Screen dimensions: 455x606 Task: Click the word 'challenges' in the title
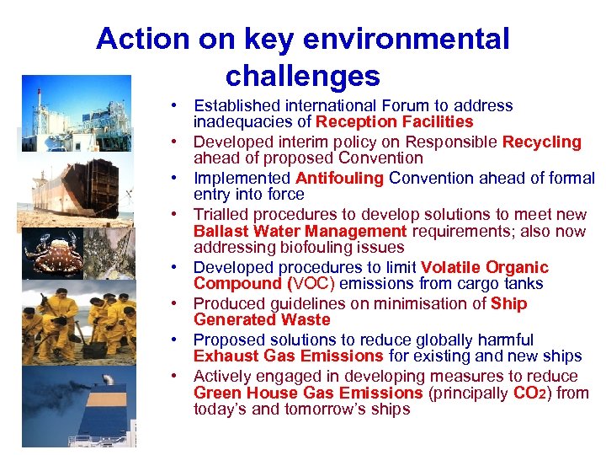[x=302, y=77]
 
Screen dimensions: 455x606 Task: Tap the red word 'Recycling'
[x=541, y=142]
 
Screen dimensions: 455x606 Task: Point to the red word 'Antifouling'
[x=339, y=178]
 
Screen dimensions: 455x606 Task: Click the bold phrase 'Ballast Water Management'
[x=300, y=231]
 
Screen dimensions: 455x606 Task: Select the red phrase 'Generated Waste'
[x=262, y=320]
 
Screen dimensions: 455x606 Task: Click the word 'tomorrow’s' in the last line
[x=330, y=409]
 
